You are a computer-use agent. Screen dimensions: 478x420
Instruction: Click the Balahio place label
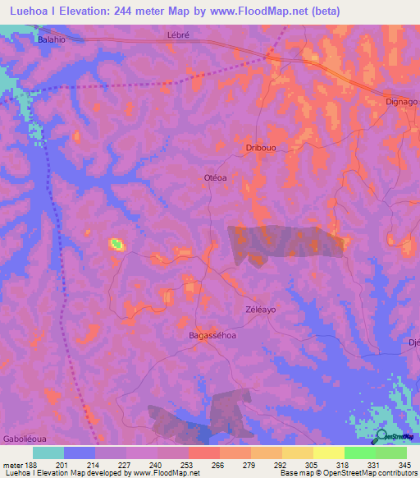click(x=51, y=39)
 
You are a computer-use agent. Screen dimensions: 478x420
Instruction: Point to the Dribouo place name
click(x=262, y=148)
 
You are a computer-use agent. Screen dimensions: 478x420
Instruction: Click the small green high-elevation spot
click(x=116, y=243)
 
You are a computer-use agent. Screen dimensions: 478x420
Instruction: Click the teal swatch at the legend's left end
click(x=48, y=453)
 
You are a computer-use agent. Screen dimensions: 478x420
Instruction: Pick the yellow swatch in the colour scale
click(x=328, y=453)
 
